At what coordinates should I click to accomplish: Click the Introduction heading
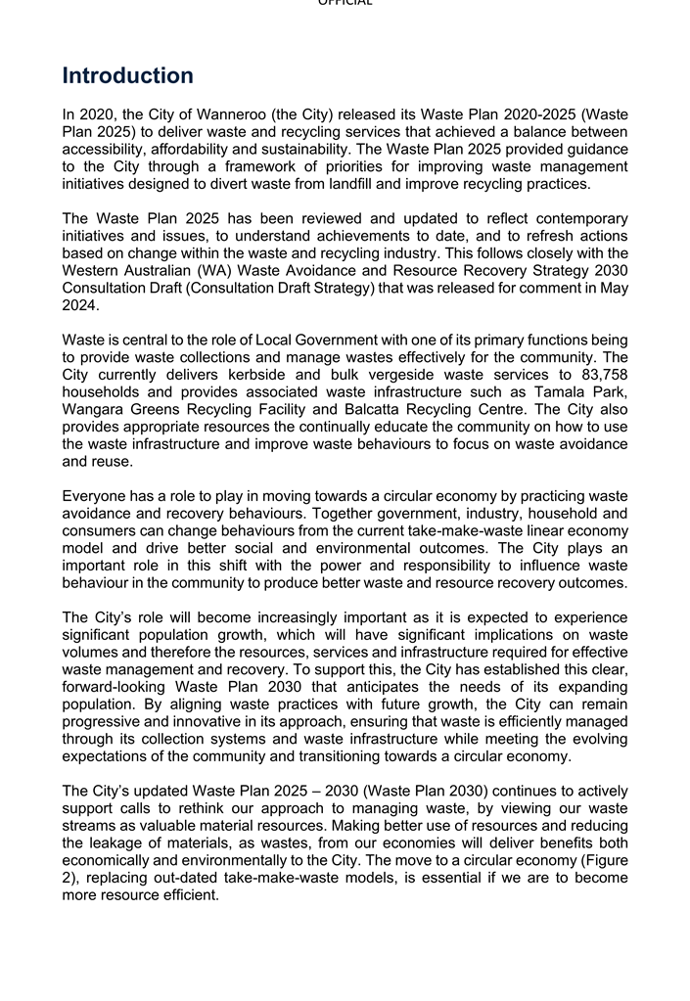(128, 76)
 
